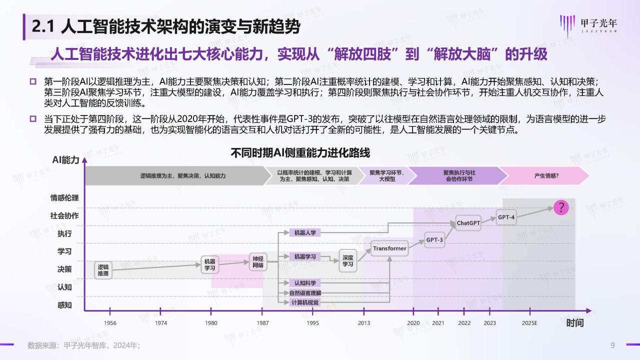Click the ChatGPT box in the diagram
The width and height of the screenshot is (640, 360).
coord(468,223)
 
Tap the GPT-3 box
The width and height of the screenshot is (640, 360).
coord(434,240)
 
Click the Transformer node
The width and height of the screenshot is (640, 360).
coord(389,248)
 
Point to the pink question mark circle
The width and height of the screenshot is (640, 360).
coord(561,207)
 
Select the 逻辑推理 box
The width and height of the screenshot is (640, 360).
coord(103,270)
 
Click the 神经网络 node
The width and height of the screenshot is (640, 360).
coord(257,262)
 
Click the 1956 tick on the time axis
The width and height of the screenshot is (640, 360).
coord(110,323)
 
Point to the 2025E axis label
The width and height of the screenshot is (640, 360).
coord(529,323)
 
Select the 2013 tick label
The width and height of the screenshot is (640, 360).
coord(364,323)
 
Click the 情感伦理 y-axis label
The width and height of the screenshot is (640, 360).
coord(64,197)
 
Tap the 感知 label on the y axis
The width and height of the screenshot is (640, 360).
coord(64,305)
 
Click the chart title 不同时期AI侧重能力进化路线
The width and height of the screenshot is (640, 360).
coord(300,152)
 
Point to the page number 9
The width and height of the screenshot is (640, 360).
coord(612,345)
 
